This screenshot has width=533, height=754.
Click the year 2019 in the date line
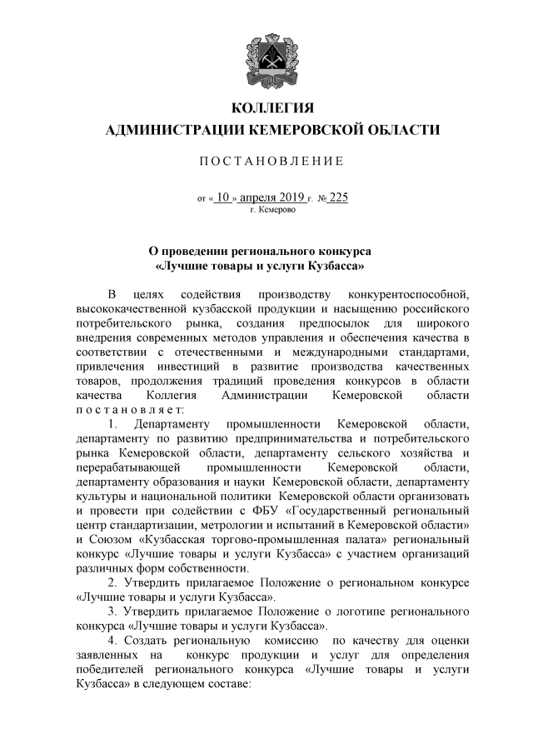(286, 197)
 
